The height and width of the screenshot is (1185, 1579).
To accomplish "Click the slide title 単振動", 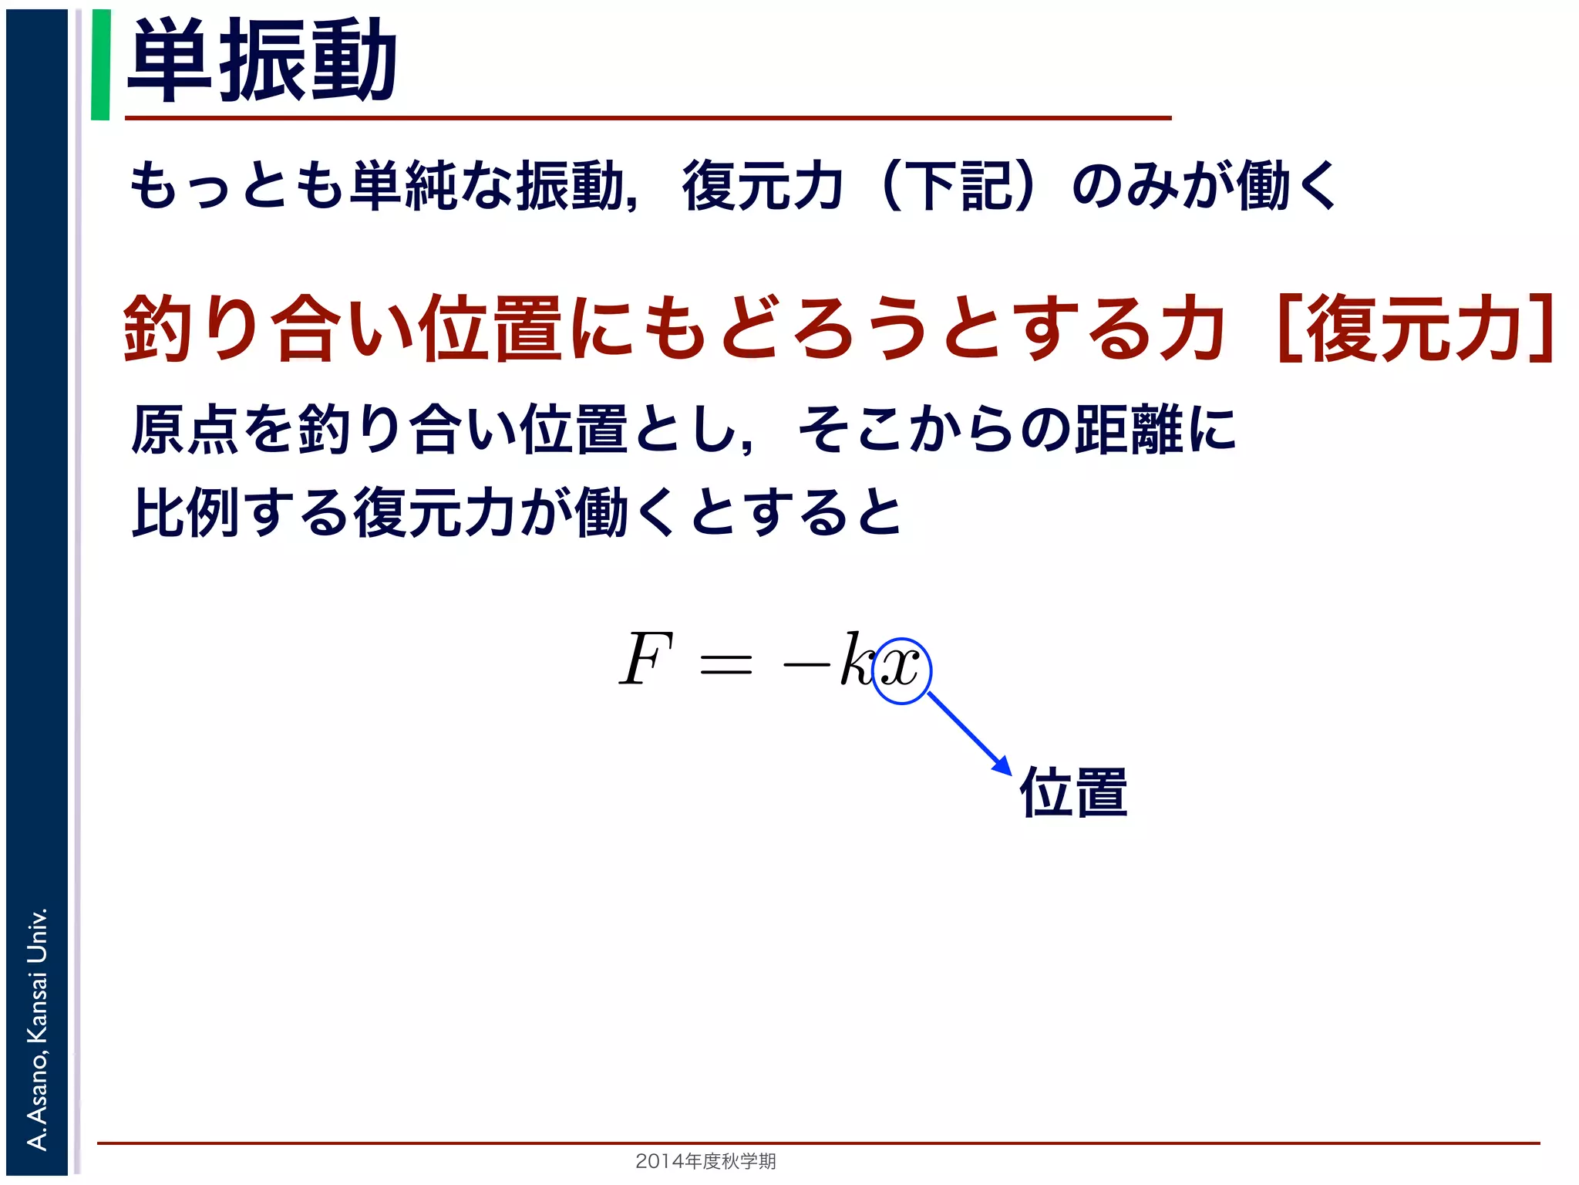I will pyautogui.click(x=262, y=60).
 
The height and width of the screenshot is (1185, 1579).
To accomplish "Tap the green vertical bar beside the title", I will pyautogui.click(x=100, y=65).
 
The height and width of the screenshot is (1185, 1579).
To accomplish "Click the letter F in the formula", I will pyautogui.click(x=646, y=659).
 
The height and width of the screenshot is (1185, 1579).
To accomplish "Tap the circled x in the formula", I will pyautogui.click(x=901, y=668).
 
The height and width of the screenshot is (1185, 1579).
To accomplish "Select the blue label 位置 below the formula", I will pyautogui.click(x=1073, y=792).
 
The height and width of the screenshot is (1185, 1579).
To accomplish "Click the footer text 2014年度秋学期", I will pyautogui.click(x=705, y=1161).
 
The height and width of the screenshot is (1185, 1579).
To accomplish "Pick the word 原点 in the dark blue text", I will pyautogui.click(x=186, y=429).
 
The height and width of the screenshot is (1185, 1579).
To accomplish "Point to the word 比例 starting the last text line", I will pyautogui.click(x=186, y=512).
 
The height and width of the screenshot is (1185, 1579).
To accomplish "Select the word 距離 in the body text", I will pyautogui.click(x=1130, y=429).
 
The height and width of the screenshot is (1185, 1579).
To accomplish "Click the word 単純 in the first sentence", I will pyautogui.click(x=404, y=186).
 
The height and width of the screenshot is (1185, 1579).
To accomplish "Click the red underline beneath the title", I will pyautogui.click(x=648, y=118).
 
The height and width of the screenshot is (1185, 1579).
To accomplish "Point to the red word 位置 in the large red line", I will pyautogui.click(x=490, y=329).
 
